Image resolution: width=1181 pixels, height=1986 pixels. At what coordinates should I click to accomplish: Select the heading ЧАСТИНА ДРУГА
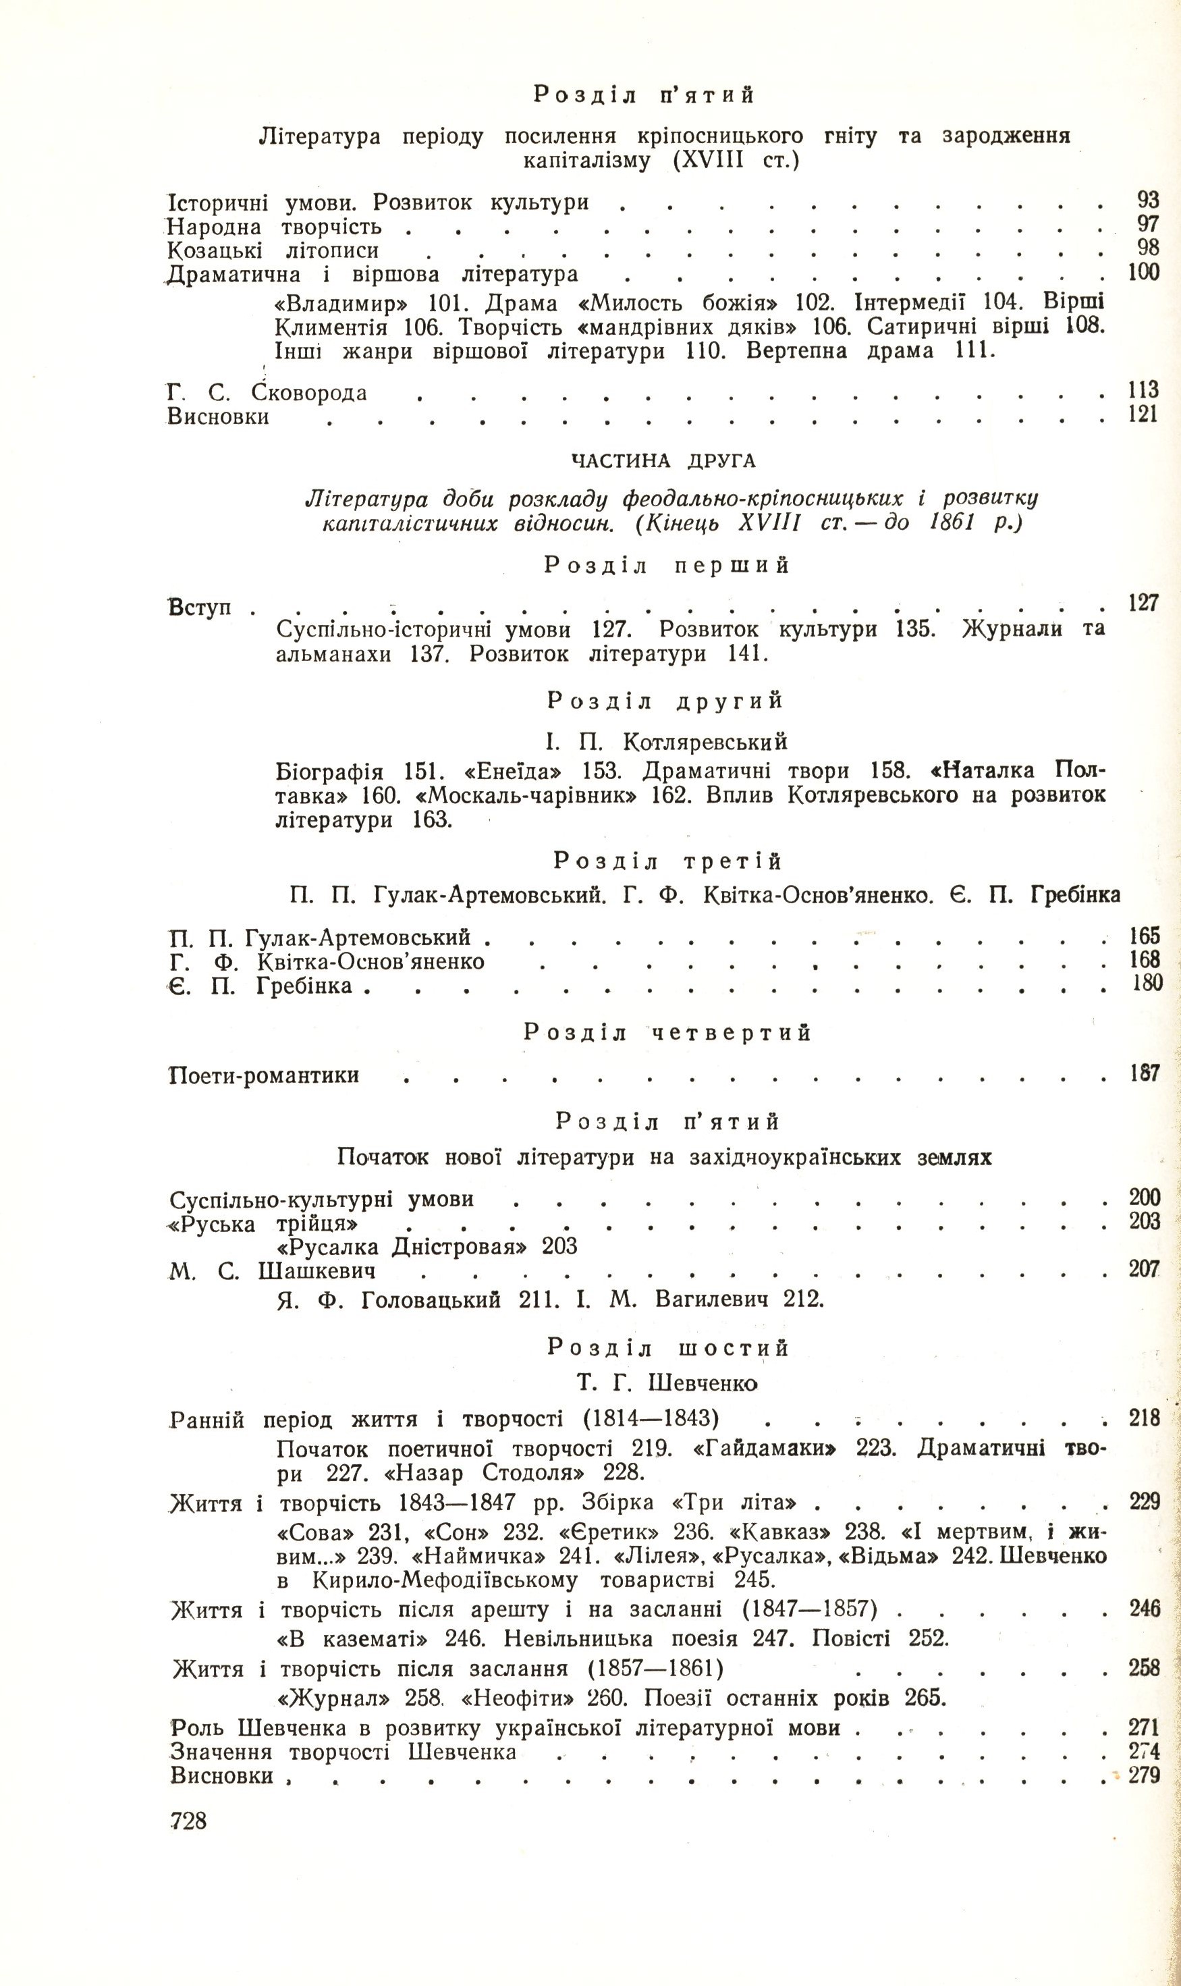pos(663,461)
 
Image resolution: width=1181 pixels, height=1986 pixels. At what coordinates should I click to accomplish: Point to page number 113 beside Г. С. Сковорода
pos(1142,391)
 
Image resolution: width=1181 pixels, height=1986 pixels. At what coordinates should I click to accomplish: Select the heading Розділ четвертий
pos(667,1032)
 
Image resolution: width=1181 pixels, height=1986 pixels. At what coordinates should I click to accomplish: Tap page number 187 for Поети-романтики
pos(1144,1074)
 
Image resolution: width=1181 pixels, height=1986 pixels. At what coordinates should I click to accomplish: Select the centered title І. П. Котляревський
pos(666,742)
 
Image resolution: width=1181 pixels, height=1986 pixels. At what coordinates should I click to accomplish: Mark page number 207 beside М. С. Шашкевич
pos(1144,1269)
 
